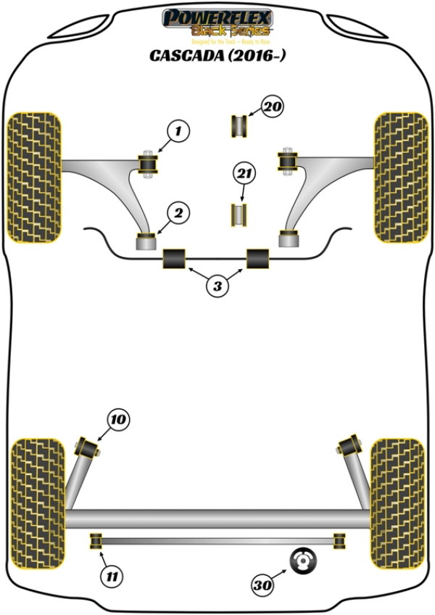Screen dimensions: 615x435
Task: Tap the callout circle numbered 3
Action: [216, 286]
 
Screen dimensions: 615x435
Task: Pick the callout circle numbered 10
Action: [118, 418]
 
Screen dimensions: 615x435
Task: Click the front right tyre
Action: [399, 178]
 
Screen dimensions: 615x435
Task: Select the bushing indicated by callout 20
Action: [239, 125]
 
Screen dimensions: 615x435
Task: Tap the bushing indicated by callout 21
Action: [239, 215]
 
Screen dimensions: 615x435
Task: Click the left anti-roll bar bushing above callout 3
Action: [175, 258]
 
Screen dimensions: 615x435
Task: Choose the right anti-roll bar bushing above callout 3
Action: [258, 258]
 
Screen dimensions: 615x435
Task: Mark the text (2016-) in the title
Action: [254, 55]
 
